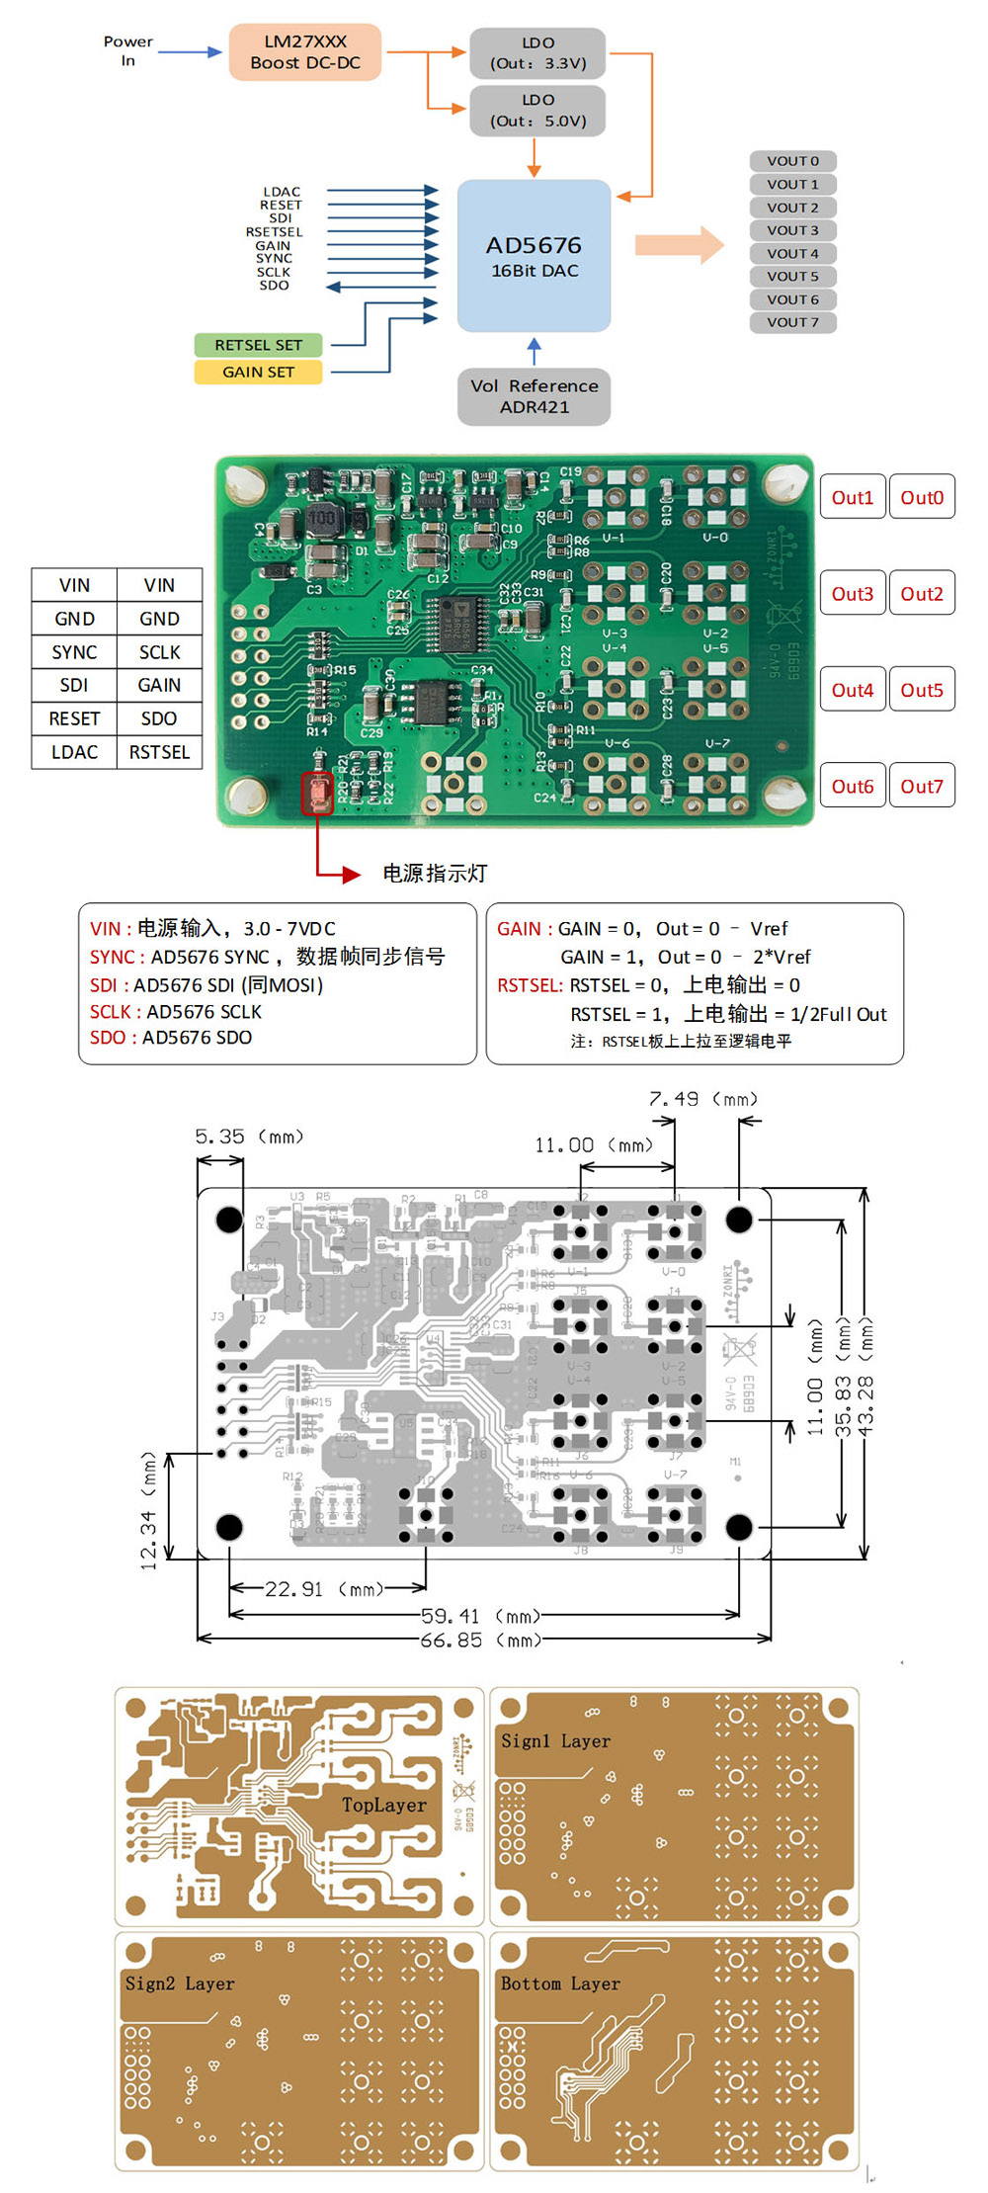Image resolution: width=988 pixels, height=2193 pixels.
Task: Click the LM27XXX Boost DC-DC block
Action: (x=304, y=52)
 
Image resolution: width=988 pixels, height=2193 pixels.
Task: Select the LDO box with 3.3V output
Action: (x=537, y=53)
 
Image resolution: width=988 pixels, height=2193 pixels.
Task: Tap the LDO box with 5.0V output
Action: (x=537, y=111)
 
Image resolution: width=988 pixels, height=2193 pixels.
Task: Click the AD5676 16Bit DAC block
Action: (x=534, y=256)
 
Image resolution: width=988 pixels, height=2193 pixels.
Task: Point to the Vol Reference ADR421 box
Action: (x=534, y=396)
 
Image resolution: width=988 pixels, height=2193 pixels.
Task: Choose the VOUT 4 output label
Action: (x=792, y=253)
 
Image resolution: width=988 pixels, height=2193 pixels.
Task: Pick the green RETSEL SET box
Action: (x=258, y=345)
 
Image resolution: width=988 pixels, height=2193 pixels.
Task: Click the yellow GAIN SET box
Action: (x=258, y=372)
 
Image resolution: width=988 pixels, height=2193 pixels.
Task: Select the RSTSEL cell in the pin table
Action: (x=159, y=752)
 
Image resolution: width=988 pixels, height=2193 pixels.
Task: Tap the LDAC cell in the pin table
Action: (x=74, y=752)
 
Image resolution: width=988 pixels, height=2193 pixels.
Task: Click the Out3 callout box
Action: (x=852, y=594)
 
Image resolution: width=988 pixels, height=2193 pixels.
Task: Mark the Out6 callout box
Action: (x=852, y=787)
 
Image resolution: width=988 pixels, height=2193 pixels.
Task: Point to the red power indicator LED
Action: (x=318, y=793)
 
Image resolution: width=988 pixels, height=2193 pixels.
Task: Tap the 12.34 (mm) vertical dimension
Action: (x=148, y=1512)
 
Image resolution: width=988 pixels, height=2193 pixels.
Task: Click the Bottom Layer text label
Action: (x=560, y=1983)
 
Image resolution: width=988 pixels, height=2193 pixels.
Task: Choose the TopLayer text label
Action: (x=384, y=1805)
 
